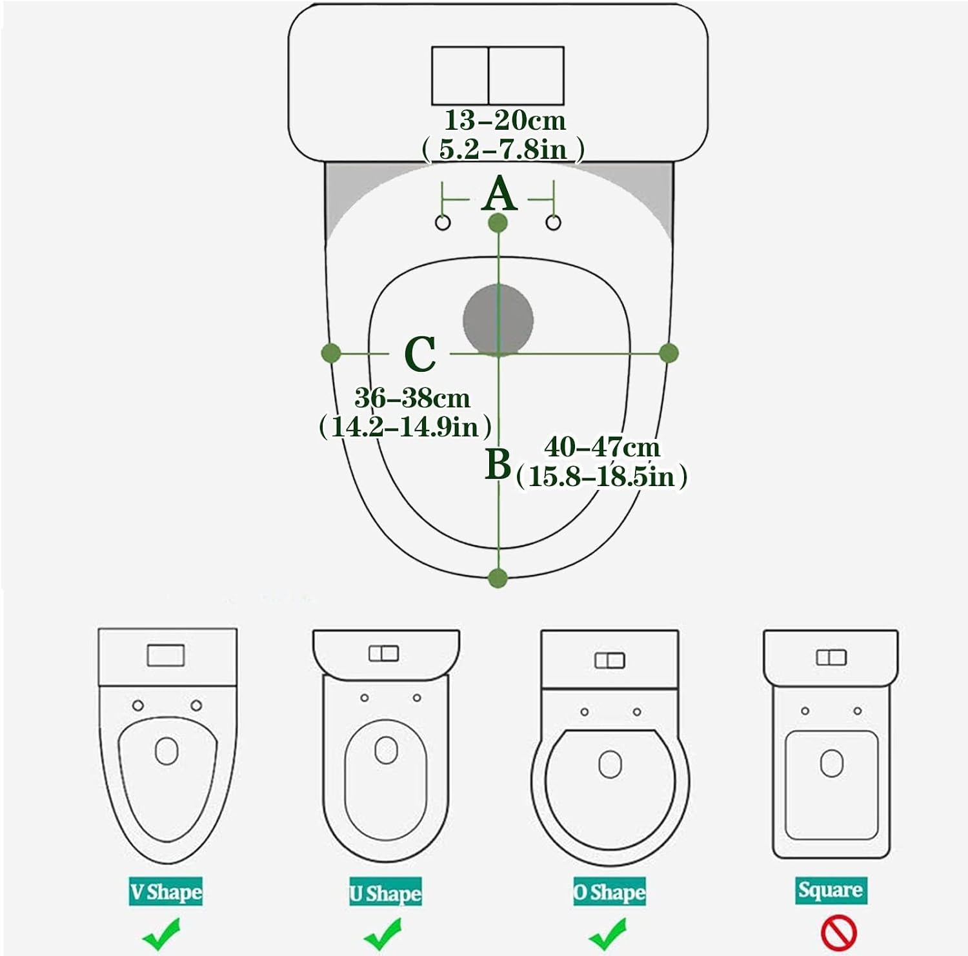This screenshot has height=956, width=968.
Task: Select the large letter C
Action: pos(419,354)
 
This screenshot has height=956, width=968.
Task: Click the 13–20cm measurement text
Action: pos(505,120)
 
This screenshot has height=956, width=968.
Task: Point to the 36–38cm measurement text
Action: pos(412,398)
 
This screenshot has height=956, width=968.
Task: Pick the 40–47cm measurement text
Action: pos(602,447)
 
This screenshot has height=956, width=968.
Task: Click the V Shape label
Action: pos(166,891)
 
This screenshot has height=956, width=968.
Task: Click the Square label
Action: pos(830,890)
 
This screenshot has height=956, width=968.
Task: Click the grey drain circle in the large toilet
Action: pos(498,320)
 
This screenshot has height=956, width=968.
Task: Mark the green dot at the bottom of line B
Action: pos(498,578)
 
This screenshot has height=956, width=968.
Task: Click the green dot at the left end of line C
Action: pos(331,353)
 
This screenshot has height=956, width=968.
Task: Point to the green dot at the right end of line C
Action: pos(669,353)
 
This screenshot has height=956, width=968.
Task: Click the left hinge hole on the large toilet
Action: pos(443,223)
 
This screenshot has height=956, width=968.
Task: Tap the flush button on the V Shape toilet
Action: pos(166,655)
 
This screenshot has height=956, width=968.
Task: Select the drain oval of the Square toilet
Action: pos(831,763)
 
